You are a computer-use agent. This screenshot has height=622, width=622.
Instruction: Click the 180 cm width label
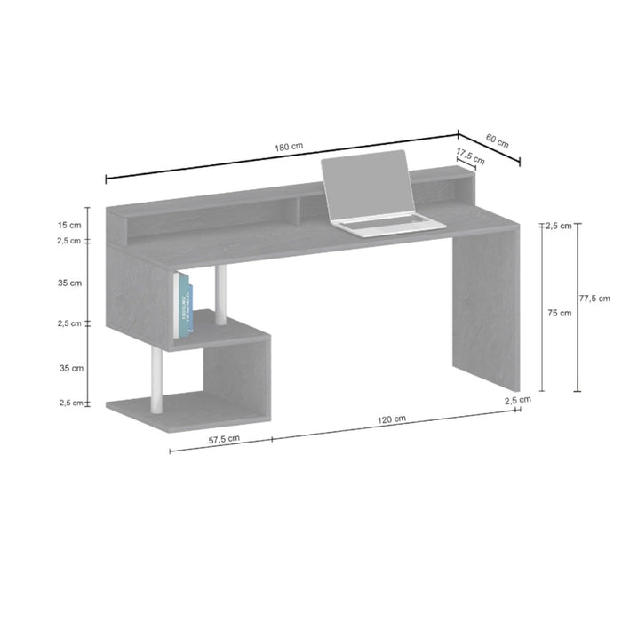pos(283,147)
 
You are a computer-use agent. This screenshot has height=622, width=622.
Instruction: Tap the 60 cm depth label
pos(498,140)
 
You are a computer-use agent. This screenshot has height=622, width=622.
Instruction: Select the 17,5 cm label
pos(468,155)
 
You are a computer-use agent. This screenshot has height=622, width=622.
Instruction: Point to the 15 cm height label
pos(69,225)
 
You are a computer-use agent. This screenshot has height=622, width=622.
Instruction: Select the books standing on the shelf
pos(184,305)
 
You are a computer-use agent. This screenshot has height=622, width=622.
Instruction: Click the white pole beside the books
pos(220,296)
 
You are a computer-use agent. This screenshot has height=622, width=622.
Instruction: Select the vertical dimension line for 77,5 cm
pos(578,307)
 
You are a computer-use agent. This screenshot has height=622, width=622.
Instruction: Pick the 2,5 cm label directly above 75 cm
pos(559,226)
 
